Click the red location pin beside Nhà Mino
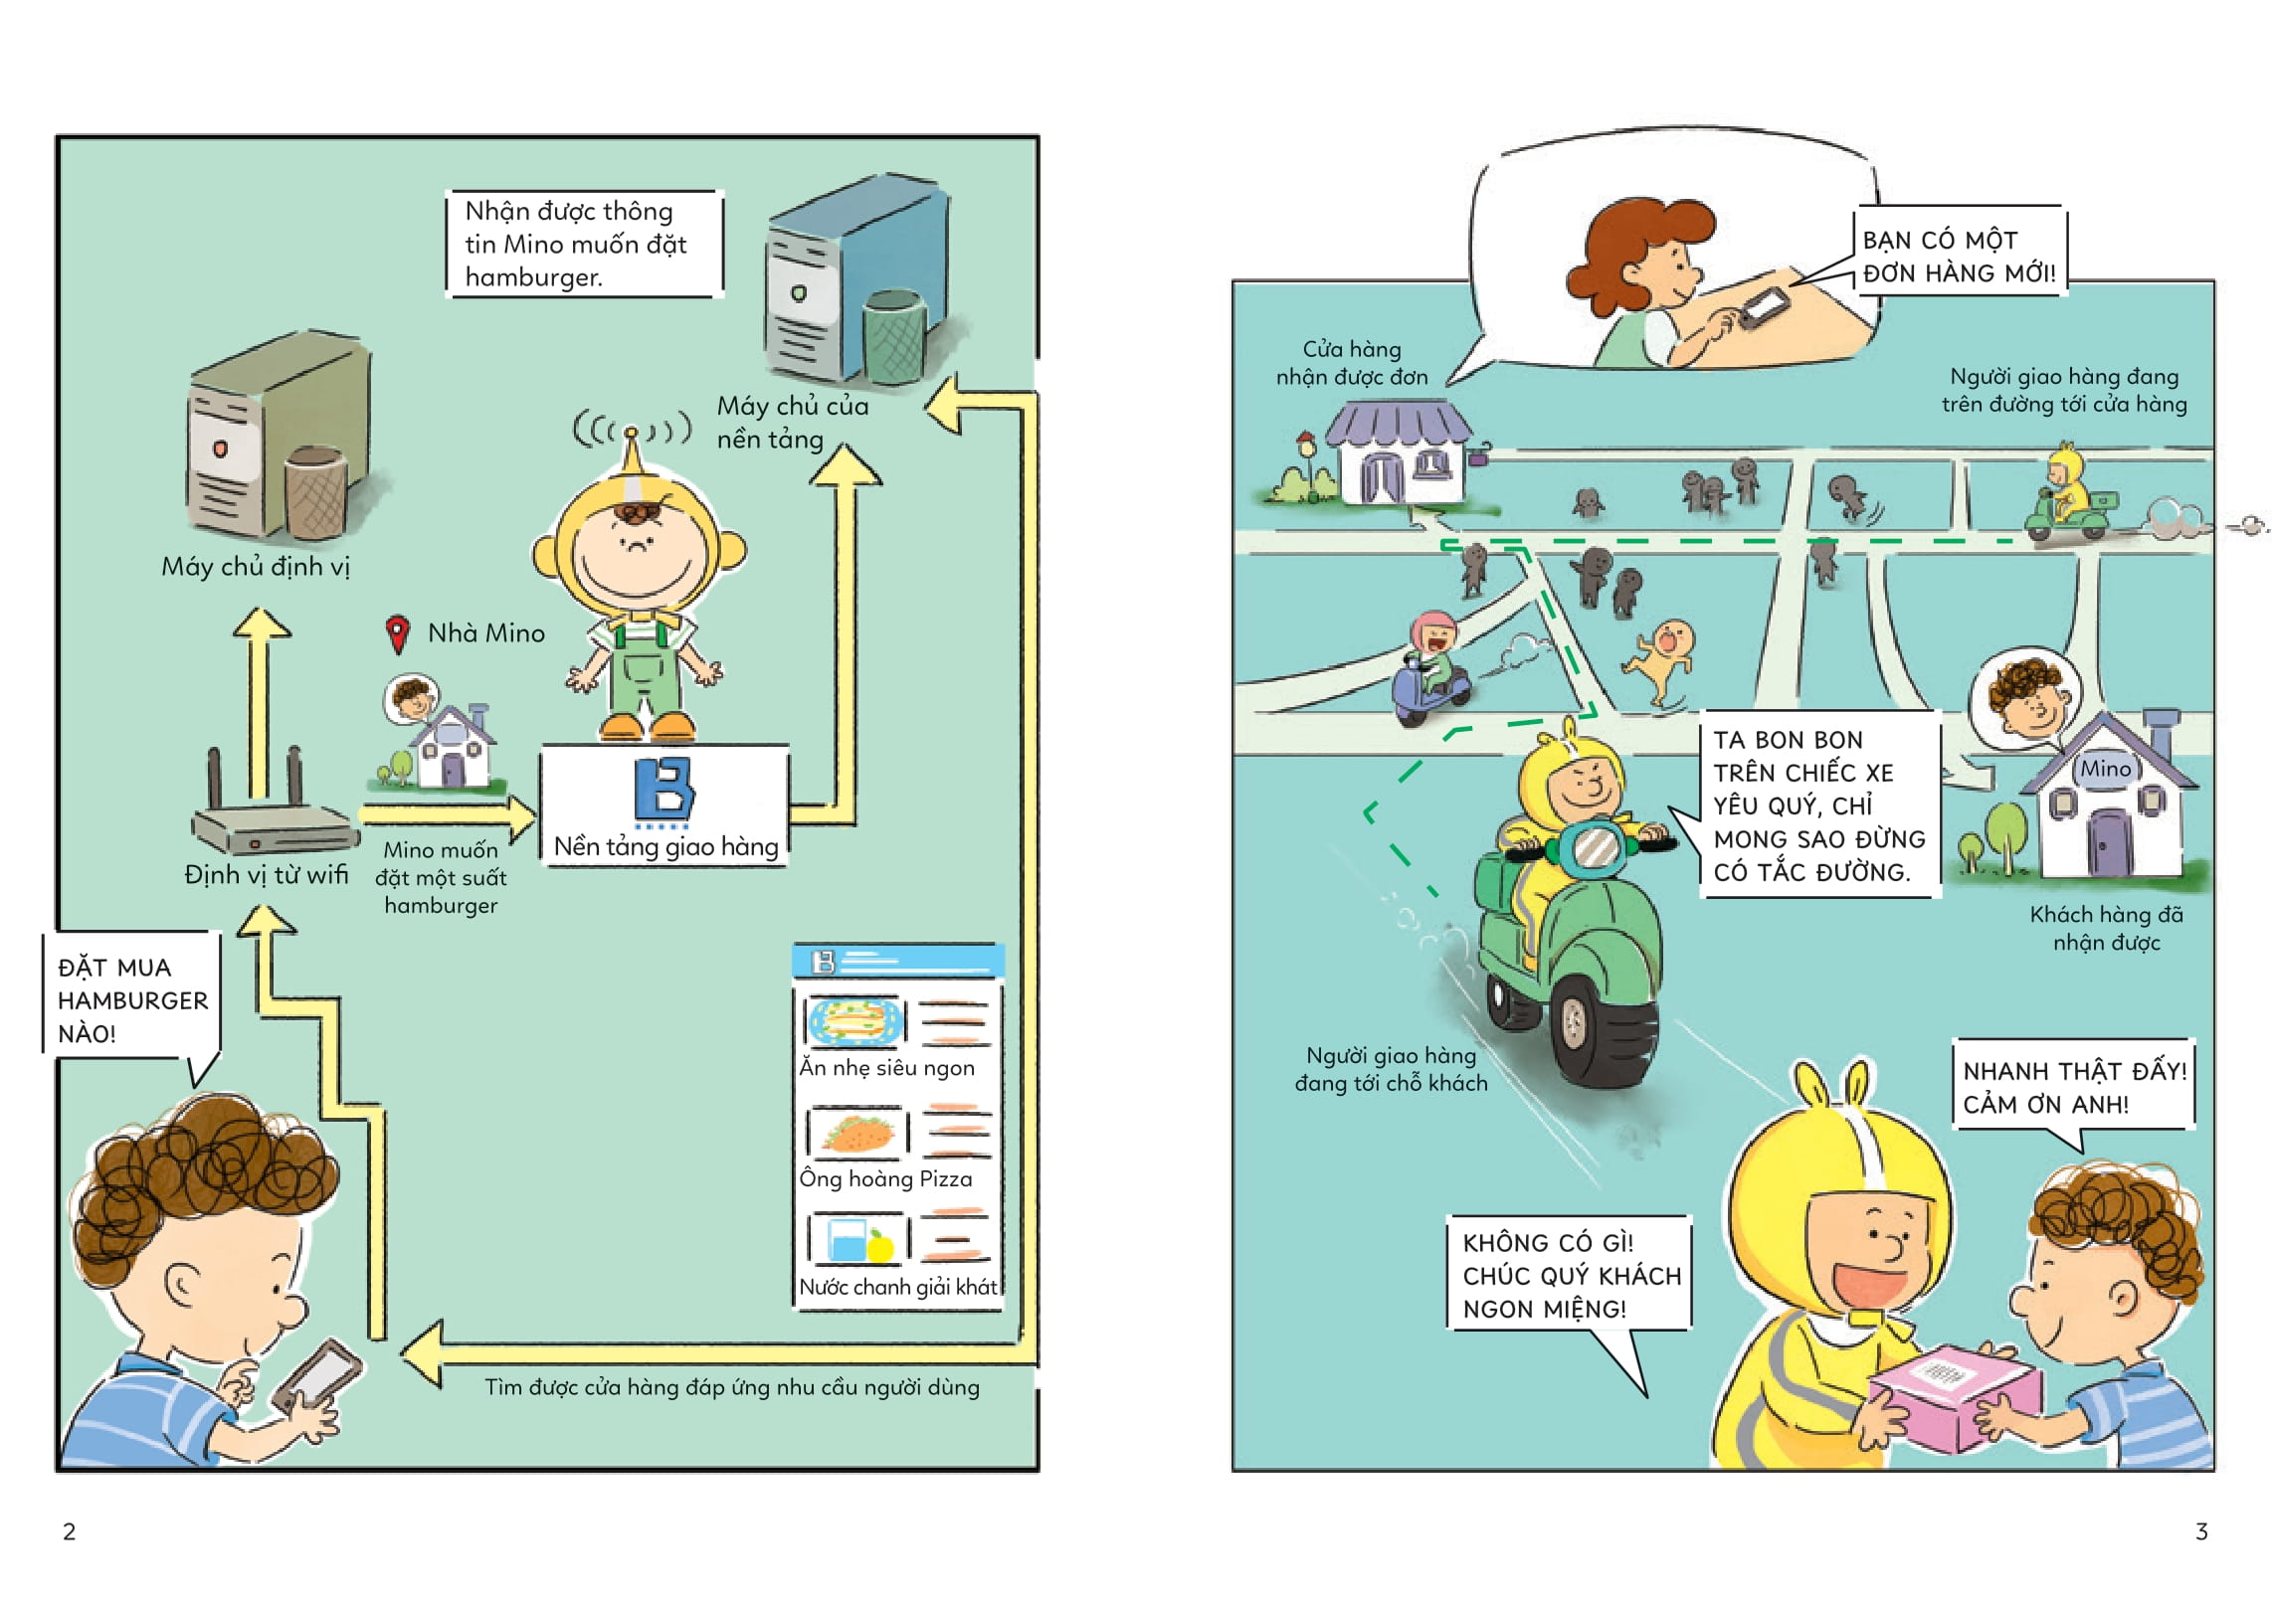point(397,633)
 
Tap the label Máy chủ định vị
point(256,567)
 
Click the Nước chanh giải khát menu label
point(897,1287)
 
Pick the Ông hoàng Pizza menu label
point(885,1178)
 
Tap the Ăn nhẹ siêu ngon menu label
point(886,1068)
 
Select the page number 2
point(69,1531)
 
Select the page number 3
point(2201,1531)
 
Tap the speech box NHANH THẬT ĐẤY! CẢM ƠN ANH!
point(2074,1087)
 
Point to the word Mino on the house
point(2105,768)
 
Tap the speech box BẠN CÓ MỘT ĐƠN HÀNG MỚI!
point(1959,256)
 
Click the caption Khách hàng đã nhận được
point(2106,928)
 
